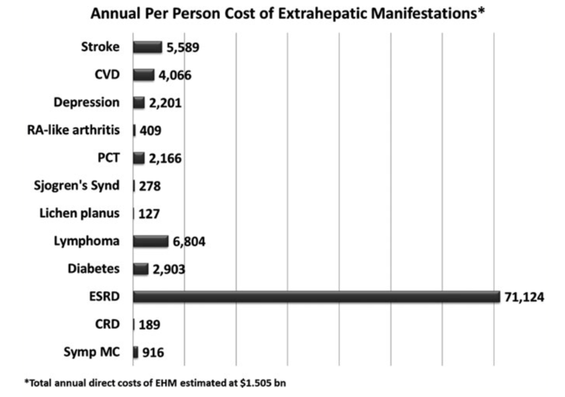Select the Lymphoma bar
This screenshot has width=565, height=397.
(x=150, y=241)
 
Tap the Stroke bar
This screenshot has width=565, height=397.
(x=147, y=47)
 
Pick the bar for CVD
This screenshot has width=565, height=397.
(x=143, y=75)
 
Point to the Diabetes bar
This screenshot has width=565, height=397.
(x=141, y=269)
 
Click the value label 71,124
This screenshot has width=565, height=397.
(x=524, y=297)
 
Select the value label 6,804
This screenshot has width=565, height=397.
(x=188, y=242)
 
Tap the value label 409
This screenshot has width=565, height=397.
(x=150, y=131)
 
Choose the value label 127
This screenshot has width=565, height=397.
(x=149, y=213)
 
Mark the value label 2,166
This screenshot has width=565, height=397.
(x=164, y=159)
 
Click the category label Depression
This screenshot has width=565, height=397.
(x=86, y=103)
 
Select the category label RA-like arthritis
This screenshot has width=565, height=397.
(x=73, y=130)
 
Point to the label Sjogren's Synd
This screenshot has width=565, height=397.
(x=76, y=185)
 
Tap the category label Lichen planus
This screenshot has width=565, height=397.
(x=79, y=213)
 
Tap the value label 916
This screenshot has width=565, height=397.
(x=153, y=352)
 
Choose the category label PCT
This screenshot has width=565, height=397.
(x=107, y=158)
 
